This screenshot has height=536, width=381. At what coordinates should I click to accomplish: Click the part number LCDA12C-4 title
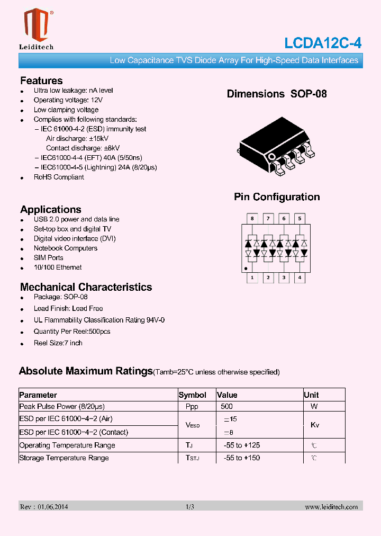coord(322,43)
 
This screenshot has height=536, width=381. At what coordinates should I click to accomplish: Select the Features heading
coord(41,81)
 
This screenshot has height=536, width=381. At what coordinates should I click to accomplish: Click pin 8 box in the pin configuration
coord(252,218)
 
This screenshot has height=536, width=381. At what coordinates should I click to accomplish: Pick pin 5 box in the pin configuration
coord(300,218)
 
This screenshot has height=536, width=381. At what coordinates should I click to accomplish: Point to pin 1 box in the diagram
coord(252,278)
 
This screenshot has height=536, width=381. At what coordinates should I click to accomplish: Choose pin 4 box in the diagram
coord(300,278)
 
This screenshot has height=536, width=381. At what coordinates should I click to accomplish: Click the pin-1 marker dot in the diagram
coord(246,269)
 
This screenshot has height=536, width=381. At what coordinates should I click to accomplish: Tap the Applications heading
coord(51,209)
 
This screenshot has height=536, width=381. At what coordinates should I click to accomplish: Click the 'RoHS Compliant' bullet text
coord(59,177)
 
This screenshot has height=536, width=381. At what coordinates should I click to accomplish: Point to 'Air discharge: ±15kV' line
coord(77,138)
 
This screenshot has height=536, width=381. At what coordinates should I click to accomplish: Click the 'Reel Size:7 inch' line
coord(58,343)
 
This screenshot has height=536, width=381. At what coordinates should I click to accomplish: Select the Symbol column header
coord(193,395)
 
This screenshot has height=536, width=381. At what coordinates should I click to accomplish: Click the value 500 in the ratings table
coord(226,406)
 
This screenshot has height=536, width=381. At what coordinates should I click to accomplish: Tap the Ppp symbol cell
coord(192,406)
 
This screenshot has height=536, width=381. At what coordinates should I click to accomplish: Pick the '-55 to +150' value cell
coord(241,458)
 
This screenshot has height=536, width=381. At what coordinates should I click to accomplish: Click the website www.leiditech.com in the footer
coord(331,507)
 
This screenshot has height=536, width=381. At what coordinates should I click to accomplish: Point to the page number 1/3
coord(190,507)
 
